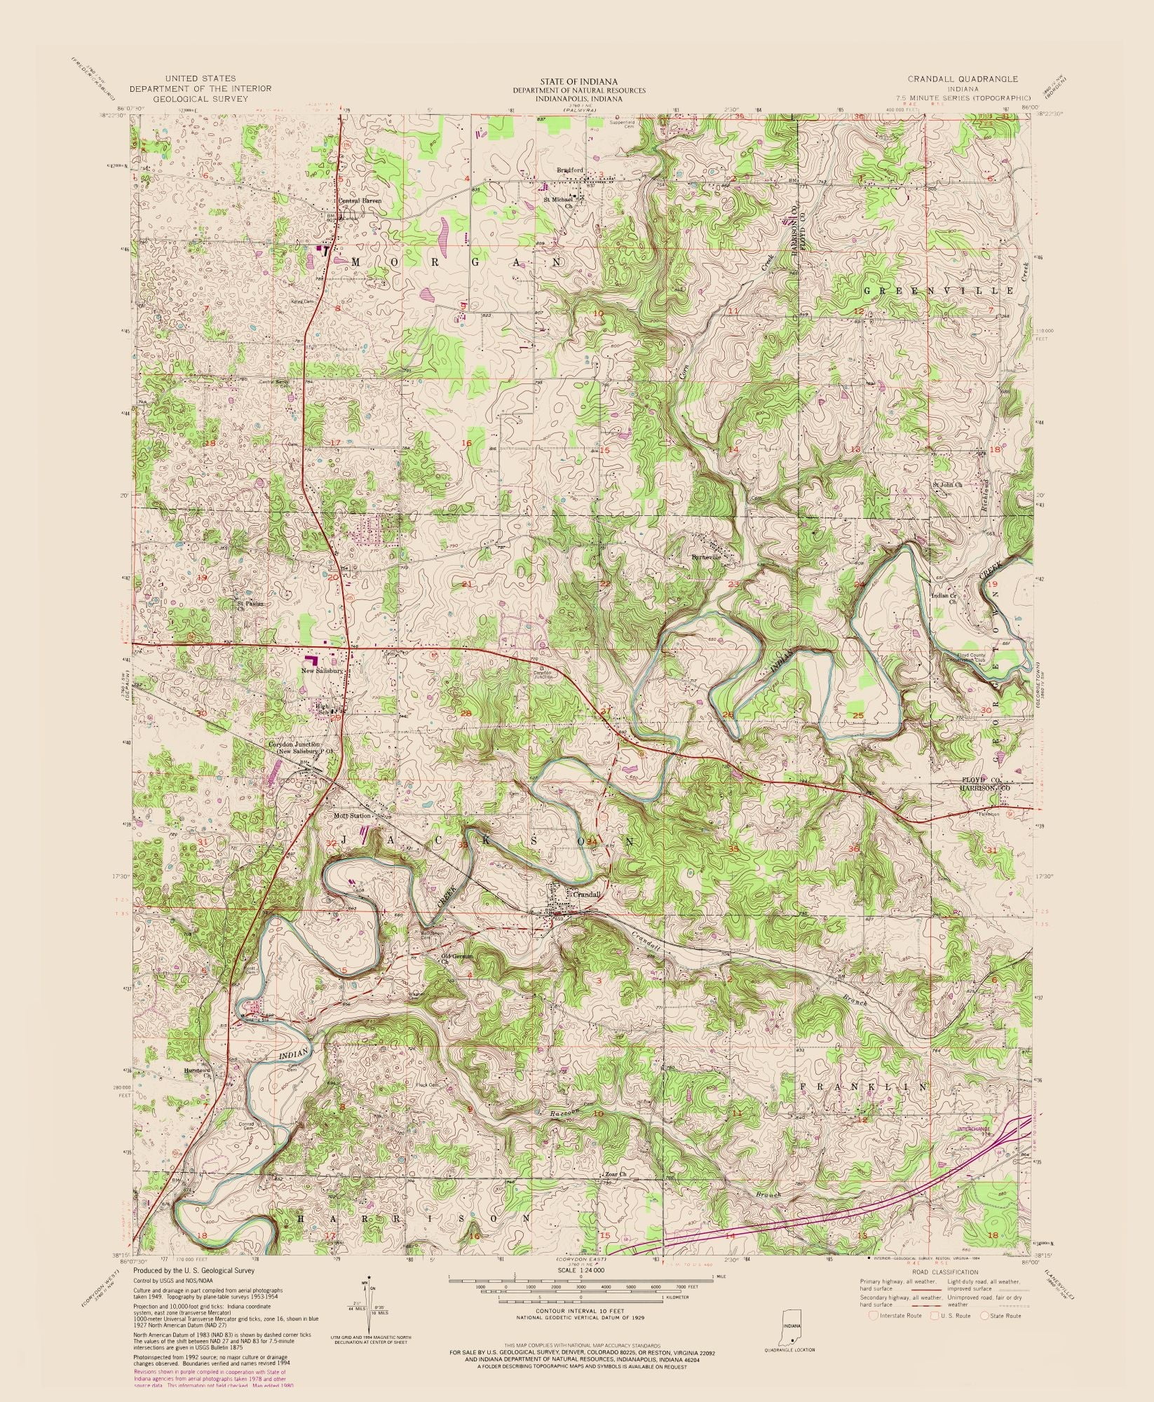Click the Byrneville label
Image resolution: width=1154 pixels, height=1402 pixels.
tap(705, 557)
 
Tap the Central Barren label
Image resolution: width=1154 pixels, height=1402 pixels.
tap(360, 200)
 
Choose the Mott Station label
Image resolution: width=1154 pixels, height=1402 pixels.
tap(352, 816)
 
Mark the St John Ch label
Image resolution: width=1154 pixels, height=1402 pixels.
tap(947, 484)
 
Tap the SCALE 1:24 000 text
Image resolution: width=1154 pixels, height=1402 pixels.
tap(581, 1270)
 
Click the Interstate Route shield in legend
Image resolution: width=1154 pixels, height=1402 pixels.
tap(872, 1315)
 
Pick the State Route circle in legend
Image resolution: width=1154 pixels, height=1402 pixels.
tap(984, 1315)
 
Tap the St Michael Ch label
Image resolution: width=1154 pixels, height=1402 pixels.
tap(558, 202)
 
